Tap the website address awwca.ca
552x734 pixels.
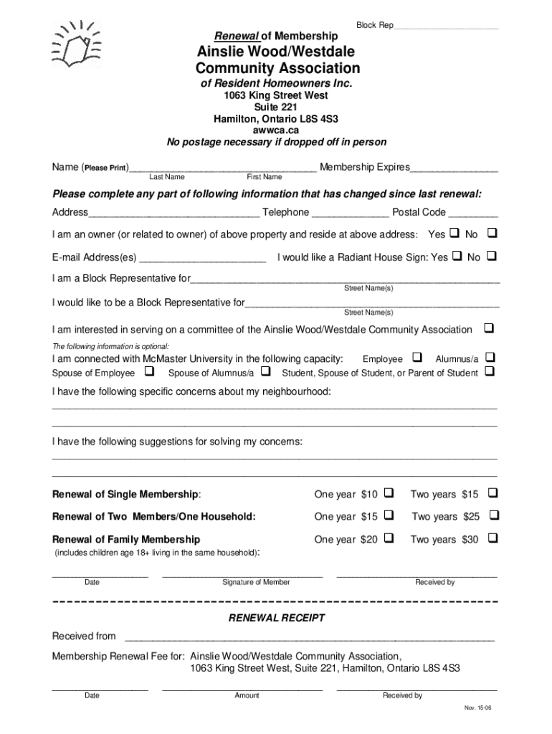coord(276,130)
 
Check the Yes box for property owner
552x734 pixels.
coord(454,234)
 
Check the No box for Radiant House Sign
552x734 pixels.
coord(492,256)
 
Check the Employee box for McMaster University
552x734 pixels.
coord(417,358)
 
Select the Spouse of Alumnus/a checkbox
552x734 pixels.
coord(265,372)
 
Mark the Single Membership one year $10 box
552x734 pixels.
coord(389,493)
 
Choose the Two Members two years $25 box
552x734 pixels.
coord(492,515)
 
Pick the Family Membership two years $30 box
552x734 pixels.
coord(492,538)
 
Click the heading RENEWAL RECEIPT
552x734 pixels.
coord(276,618)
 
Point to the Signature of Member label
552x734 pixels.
coord(256,582)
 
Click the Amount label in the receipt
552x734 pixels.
coord(247,695)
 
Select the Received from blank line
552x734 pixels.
coord(310,638)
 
